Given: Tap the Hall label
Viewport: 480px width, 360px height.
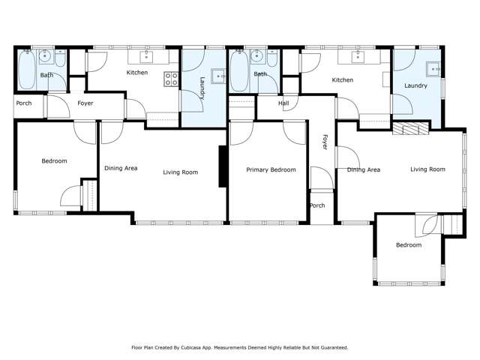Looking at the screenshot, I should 283,103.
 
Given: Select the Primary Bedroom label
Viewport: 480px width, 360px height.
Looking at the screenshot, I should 271,169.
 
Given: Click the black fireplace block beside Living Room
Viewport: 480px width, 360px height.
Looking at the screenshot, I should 223,166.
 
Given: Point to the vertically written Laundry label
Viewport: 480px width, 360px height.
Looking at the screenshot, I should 202,88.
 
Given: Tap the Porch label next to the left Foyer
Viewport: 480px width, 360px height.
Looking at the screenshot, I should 24,103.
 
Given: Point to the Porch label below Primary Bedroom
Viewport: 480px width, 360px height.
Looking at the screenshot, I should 317,205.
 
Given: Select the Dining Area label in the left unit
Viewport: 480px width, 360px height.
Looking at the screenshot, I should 120,168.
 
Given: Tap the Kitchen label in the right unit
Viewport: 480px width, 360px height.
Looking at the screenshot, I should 343,79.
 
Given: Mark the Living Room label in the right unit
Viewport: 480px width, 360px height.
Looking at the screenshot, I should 427,169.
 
